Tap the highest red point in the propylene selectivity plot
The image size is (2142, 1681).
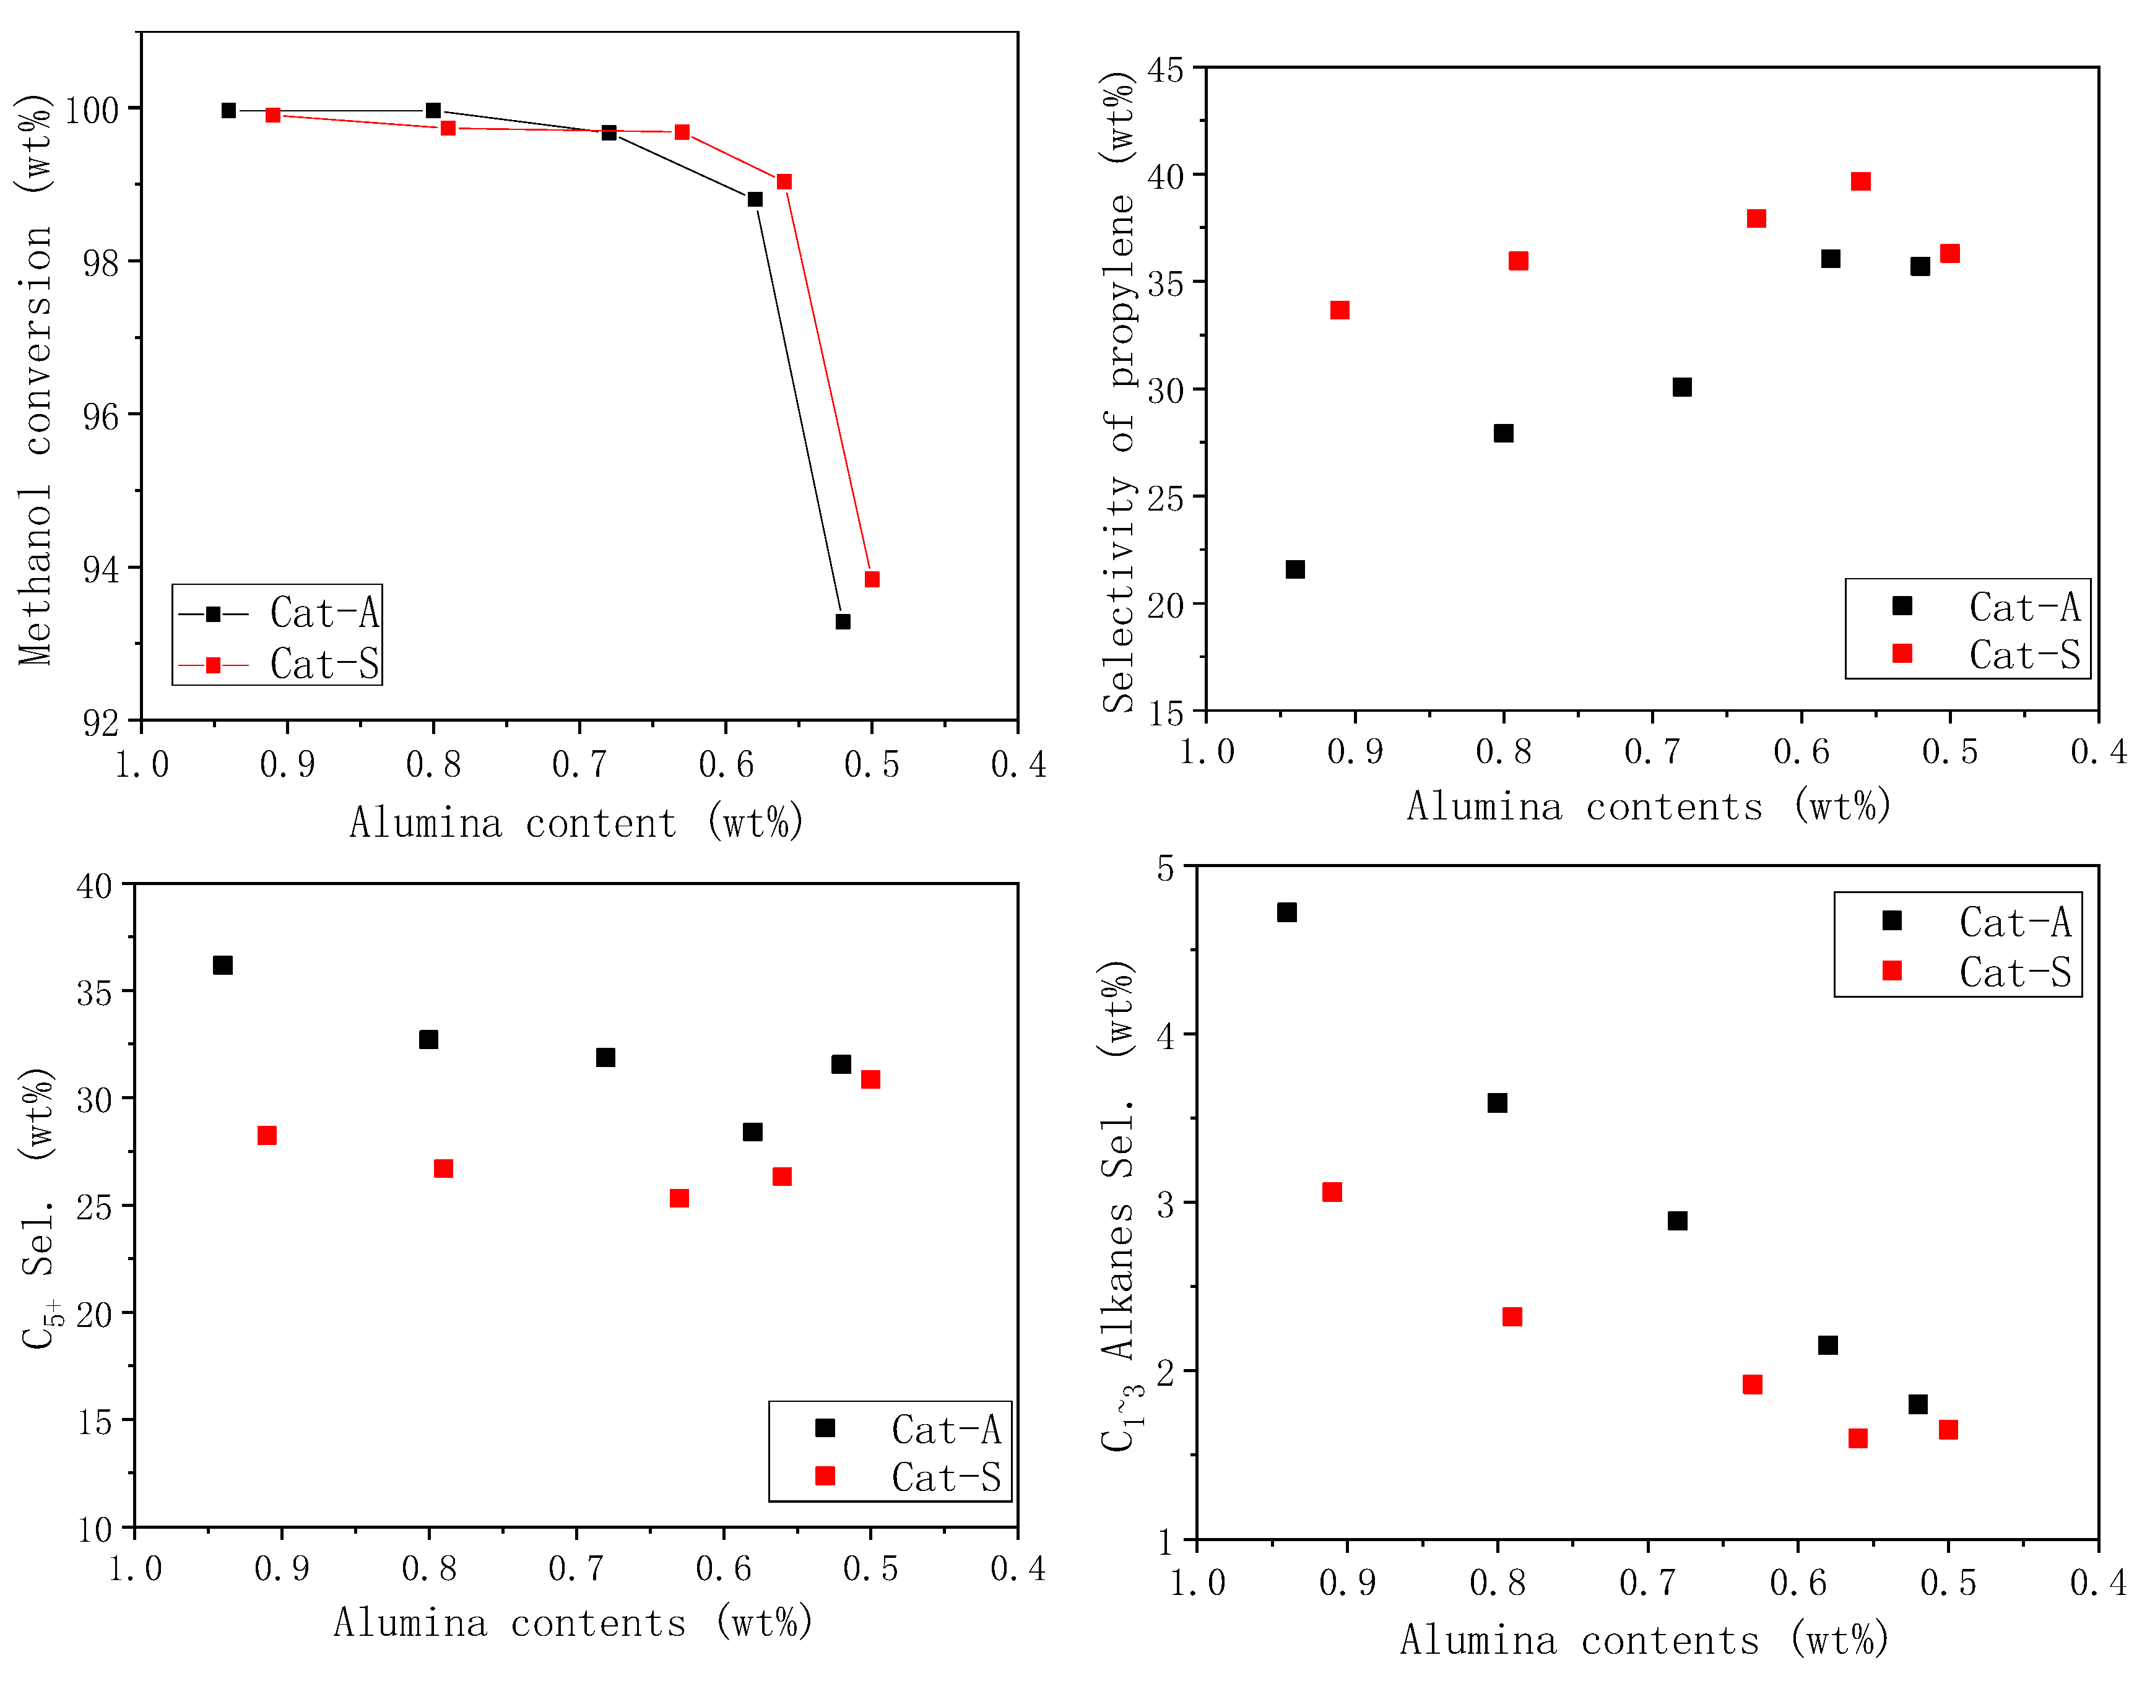1860,181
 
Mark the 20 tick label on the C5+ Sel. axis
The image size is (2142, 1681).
95,1314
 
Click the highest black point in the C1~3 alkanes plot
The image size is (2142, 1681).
1286,912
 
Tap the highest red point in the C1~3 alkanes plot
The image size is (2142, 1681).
1331,1192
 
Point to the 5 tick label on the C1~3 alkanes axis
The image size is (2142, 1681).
1166,869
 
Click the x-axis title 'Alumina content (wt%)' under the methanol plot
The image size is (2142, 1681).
577,823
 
